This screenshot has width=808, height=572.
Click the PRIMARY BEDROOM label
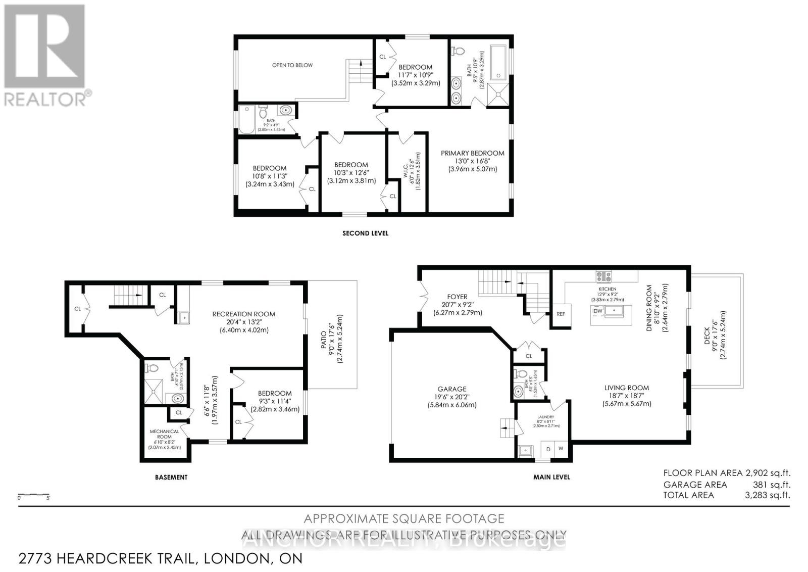pyautogui.click(x=472, y=153)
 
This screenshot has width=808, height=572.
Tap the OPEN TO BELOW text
pyautogui.click(x=292, y=65)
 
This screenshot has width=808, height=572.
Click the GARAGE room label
pyautogui.click(x=452, y=389)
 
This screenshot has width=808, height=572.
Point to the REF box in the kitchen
pyautogui.click(x=561, y=314)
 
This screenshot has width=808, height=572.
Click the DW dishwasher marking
pyautogui.click(x=597, y=311)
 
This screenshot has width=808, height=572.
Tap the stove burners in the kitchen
pyautogui.click(x=604, y=276)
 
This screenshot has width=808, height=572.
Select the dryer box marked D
pyautogui.click(x=548, y=449)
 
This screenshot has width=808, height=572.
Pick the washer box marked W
pyautogui.click(x=561, y=449)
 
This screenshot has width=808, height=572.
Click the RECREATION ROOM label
pyautogui.click(x=244, y=314)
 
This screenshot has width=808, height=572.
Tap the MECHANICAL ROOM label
pyautogui.click(x=165, y=434)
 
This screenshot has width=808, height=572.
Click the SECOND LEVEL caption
pyautogui.click(x=365, y=233)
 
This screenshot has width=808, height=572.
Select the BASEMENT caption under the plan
pyautogui.click(x=171, y=477)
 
